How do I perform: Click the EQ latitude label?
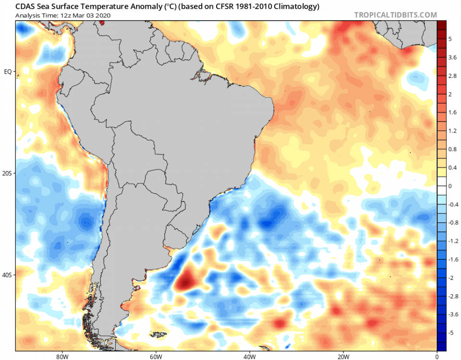(x=8, y=72)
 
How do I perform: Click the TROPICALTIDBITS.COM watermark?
(x=395, y=15)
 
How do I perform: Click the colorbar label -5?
(x=452, y=332)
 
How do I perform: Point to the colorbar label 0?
(x=450, y=186)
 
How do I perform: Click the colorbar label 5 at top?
(x=450, y=39)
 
